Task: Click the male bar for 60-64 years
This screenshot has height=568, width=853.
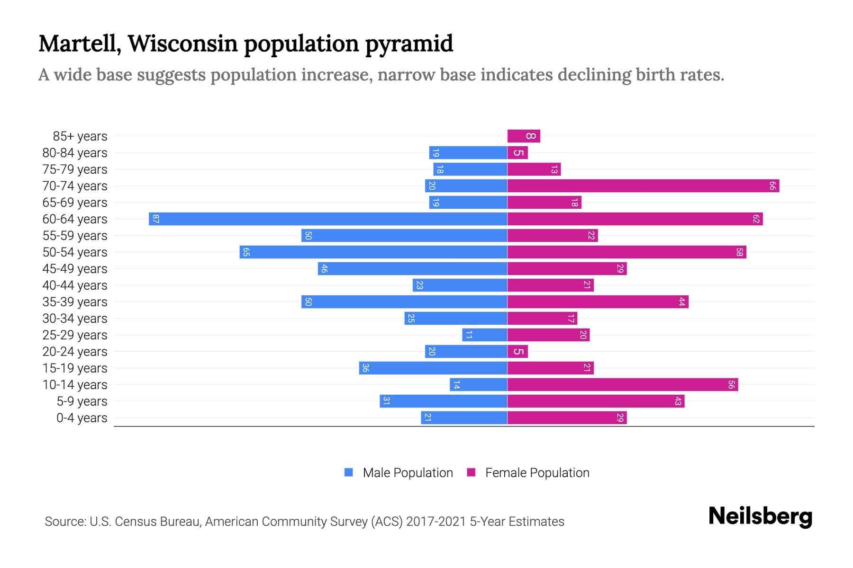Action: pos(328,219)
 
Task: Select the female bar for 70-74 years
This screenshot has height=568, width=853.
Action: pos(643,186)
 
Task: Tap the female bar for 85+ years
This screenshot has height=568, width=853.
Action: pos(524,136)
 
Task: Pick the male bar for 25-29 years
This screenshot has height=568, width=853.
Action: pos(485,335)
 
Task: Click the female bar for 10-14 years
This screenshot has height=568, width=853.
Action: pos(622,385)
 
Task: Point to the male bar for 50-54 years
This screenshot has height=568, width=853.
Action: pos(373,252)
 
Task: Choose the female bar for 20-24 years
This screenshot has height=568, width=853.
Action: pos(517,352)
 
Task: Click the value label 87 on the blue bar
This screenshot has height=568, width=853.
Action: pos(156,219)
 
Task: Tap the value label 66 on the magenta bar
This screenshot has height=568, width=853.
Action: pos(772,186)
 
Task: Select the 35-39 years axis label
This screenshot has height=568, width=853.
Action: pos(75,302)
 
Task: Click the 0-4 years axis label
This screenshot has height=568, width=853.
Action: pos(82,418)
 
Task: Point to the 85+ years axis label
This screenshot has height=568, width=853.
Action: pos(80,136)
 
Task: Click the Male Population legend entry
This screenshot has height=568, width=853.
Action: pos(399,473)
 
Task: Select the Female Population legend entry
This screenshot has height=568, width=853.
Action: pos(528,473)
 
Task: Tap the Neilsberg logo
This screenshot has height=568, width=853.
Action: pos(760,516)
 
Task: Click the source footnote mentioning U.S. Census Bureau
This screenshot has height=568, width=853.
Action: pos(304,522)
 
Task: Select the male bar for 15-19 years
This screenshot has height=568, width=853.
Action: pos(433,368)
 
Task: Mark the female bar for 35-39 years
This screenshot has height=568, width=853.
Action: pos(598,302)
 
